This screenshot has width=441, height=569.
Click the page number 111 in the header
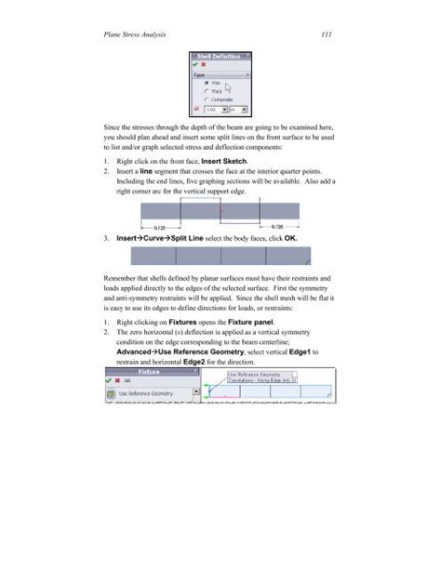coord(327,36)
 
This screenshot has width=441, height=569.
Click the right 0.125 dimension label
coord(279,226)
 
